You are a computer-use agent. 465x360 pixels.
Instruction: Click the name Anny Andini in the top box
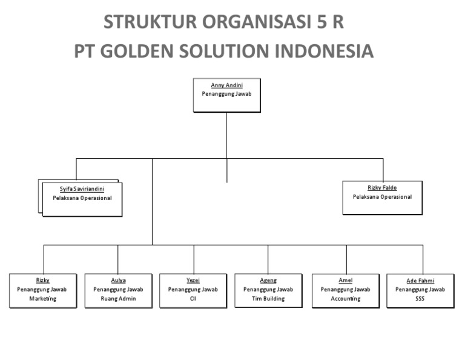tap(226, 86)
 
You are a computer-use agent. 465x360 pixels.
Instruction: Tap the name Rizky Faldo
tap(382, 188)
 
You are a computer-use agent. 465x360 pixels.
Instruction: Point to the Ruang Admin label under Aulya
tap(119, 299)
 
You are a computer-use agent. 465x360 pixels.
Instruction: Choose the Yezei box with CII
tap(193, 292)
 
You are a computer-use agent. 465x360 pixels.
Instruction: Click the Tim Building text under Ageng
tap(268, 299)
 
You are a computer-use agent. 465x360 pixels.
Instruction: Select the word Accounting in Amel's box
tap(346, 299)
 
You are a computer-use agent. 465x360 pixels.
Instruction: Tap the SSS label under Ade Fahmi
tap(420, 299)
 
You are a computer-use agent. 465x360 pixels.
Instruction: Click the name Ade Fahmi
tap(420, 281)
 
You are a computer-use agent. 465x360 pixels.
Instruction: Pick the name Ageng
tap(268, 280)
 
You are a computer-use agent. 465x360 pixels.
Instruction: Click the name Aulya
tap(119, 280)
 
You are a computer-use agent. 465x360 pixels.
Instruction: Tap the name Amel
tap(346, 280)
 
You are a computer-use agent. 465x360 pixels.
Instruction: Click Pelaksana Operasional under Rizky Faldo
tap(382, 197)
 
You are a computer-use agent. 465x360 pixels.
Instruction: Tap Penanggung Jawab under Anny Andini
tap(226, 94)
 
